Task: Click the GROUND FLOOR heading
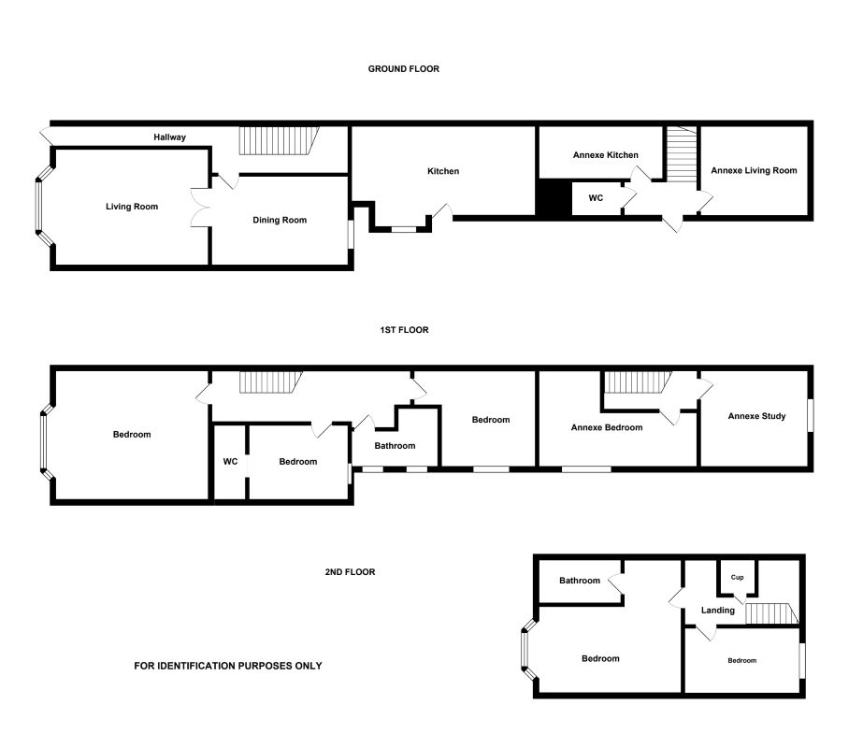(x=403, y=69)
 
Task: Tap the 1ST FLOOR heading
(x=404, y=330)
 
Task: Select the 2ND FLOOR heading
(x=350, y=572)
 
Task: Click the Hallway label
(x=169, y=137)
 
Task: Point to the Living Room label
(x=132, y=207)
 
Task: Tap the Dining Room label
(x=280, y=220)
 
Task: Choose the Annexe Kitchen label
(x=606, y=155)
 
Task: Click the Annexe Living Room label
(x=754, y=170)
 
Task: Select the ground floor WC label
(x=596, y=198)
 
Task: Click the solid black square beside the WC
(x=554, y=198)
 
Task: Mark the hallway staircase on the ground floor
(x=279, y=141)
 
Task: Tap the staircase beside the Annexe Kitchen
(x=682, y=154)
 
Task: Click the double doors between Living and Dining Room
(x=201, y=208)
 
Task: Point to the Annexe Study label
(x=756, y=416)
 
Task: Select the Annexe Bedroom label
(x=607, y=427)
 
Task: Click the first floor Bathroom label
(x=395, y=446)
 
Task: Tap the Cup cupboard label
(x=737, y=578)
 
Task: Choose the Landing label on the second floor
(x=718, y=611)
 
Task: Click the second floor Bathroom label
(x=580, y=581)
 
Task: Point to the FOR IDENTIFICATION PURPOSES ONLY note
(x=228, y=666)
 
